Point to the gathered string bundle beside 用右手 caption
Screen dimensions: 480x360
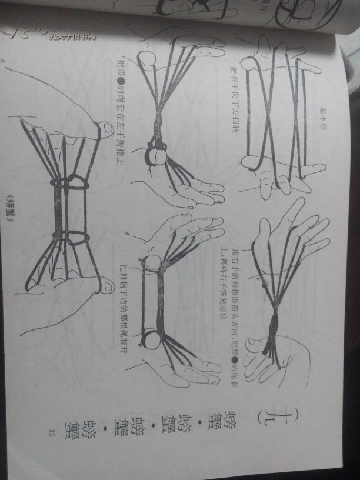273,329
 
